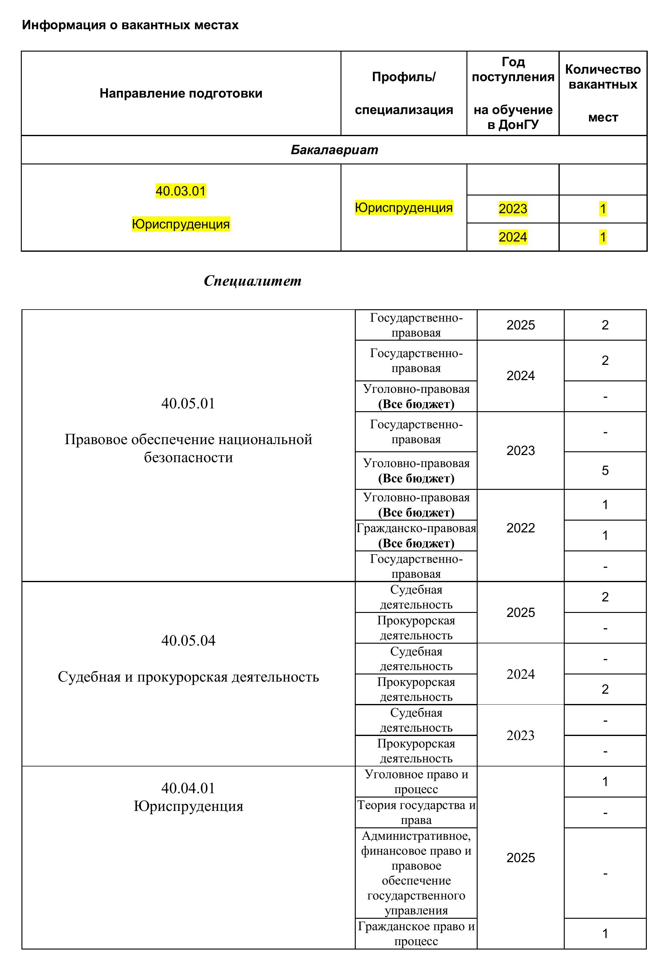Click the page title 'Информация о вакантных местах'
tap(130, 25)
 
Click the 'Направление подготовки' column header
tap(181, 94)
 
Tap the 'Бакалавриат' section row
tap(334, 150)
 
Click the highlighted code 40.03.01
tap(181, 191)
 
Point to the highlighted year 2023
tap(512, 209)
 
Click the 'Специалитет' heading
tap(252, 281)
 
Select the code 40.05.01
tap(188, 403)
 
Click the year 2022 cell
tap(521, 528)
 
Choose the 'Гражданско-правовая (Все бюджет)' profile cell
tap(416, 536)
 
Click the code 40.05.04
tap(188, 641)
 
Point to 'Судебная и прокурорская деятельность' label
tap(188, 677)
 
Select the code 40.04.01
tap(188, 788)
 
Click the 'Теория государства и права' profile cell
tap(416, 812)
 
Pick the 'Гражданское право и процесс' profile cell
tap(416, 933)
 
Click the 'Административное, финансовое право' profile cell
tap(416, 873)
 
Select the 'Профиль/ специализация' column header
tap(403, 94)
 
